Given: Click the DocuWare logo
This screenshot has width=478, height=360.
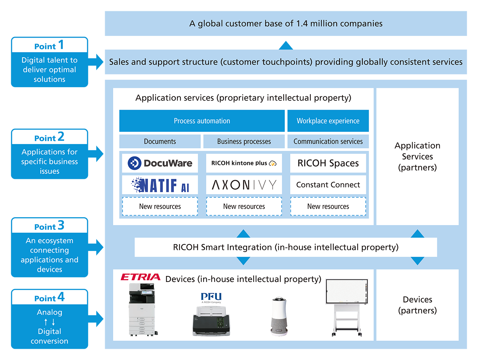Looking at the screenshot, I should click(x=160, y=163).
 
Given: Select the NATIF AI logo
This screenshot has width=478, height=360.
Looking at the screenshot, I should click(x=160, y=185).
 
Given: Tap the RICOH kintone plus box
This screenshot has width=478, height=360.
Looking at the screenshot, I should click(x=244, y=163).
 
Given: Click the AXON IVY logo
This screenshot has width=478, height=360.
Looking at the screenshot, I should click(x=244, y=185).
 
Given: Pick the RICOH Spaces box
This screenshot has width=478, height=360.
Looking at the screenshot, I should click(x=328, y=163).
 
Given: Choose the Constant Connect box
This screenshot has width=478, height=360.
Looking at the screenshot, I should click(x=328, y=185).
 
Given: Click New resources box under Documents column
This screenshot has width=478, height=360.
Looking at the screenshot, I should click(x=160, y=206).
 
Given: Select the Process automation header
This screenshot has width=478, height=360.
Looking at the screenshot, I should click(x=202, y=121).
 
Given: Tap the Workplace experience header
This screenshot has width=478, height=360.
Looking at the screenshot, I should click(x=328, y=121).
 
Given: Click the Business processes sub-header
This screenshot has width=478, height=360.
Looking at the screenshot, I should click(x=244, y=142).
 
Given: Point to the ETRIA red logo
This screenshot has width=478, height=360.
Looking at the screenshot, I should click(x=140, y=277).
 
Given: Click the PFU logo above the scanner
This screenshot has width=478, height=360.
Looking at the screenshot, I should click(x=211, y=297).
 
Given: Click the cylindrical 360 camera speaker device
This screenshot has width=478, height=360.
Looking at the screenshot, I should click(x=279, y=316).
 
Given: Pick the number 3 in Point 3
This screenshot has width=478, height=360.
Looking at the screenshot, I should click(x=61, y=225).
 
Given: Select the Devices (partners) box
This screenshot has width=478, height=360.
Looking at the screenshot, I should click(x=417, y=305).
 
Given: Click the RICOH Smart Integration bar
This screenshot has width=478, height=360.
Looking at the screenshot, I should click(x=285, y=247).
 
